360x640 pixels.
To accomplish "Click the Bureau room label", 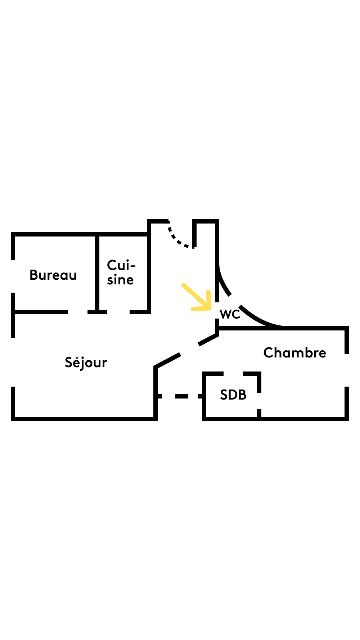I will tap(53, 275).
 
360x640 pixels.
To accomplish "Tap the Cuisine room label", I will tap(121, 273).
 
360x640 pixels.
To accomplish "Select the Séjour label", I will tap(86, 363).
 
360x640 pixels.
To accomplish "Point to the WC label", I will tap(230, 314).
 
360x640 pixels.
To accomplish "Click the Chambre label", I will tap(295, 353).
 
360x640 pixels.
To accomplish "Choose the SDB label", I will tap(233, 395).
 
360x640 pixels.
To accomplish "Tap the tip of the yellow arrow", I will tap(210, 309).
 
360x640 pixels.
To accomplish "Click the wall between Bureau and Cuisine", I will tap(97, 273).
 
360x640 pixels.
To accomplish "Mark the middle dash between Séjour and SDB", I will tap(181, 396).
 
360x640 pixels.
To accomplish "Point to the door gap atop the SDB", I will tap(233, 374).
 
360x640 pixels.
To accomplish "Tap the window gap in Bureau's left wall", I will tap(13, 276).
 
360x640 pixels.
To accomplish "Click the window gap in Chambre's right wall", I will tap(347, 370).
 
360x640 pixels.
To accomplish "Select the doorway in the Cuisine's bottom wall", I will tap(118, 312).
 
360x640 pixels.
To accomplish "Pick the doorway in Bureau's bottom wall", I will tap(78, 312).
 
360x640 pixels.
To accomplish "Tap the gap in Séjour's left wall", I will tap(13, 362).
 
